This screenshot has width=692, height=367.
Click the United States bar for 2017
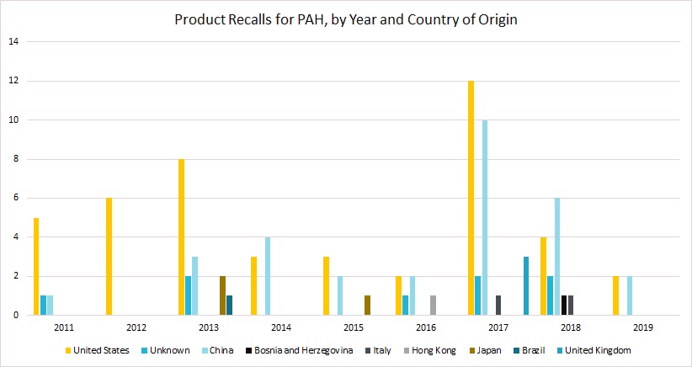pyautogui.click(x=471, y=198)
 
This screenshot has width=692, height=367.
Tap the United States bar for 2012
pyautogui.click(x=109, y=257)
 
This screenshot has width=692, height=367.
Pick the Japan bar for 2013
pyautogui.click(x=222, y=295)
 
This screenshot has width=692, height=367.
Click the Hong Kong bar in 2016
pyautogui.click(x=433, y=306)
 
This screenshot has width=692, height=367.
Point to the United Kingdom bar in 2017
pyautogui.click(x=526, y=286)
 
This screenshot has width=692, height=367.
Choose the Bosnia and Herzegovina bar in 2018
pyautogui.click(x=564, y=306)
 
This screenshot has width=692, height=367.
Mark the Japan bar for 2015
pyautogui.click(x=367, y=306)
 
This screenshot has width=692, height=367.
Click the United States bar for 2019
pyautogui.click(x=616, y=295)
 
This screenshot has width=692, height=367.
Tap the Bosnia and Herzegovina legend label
pyautogui.click(x=298, y=348)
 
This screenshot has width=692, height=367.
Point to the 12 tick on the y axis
pyautogui.click(x=12, y=81)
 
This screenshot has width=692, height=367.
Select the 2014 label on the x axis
pyautogui.click(x=281, y=326)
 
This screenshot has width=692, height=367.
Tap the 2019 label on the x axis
pyautogui.click(x=642, y=326)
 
